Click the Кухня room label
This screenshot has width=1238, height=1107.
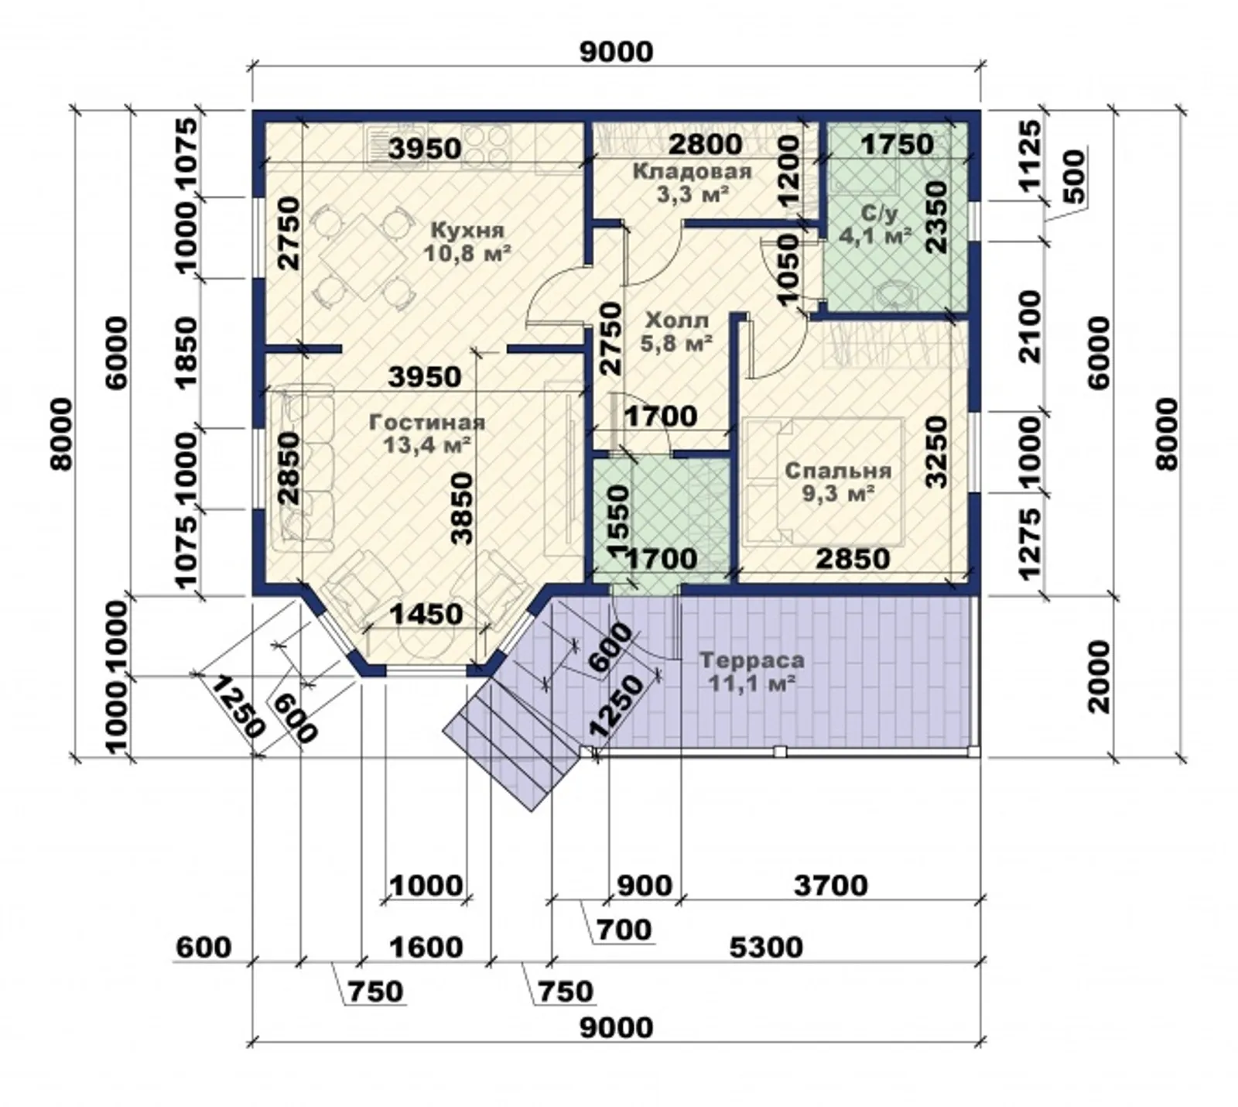(467, 231)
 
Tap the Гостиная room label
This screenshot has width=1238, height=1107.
(426, 423)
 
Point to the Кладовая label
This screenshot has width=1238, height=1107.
(692, 171)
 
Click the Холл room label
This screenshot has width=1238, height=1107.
(676, 320)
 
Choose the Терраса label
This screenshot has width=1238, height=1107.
(751, 660)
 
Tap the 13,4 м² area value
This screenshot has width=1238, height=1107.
(428, 444)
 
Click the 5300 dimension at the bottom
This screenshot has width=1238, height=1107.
(766, 946)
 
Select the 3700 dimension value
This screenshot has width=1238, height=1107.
(831, 884)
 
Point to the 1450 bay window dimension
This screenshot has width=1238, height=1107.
(426, 614)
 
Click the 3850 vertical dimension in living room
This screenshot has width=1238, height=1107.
(462, 508)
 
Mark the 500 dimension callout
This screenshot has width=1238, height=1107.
(1074, 177)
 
